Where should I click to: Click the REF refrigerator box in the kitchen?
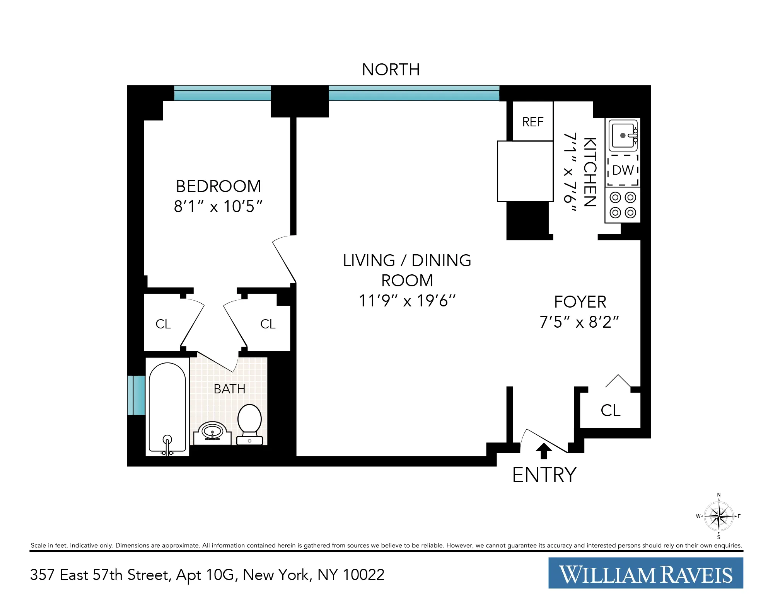[x=532, y=122]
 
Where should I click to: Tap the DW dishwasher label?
[x=623, y=170]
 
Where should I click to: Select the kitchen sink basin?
[x=622, y=135]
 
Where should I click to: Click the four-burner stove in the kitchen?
[x=623, y=205]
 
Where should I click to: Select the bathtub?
[x=167, y=408]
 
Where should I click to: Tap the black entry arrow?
[x=544, y=451]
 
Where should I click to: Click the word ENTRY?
[x=544, y=475]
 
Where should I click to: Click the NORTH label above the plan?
[x=391, y=70]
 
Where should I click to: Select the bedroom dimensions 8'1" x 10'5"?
[x=218, y=207]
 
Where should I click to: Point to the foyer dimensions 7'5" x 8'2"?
[x=579, y=322]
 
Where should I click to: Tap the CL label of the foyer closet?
[x=610, y=410]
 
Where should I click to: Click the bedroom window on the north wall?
[x=222, y=93]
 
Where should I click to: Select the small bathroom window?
[x=136, y=395]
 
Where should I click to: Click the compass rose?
[x=718, y=516]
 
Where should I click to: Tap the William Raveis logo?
[x=645, y=573]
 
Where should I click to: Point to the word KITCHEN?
[x=590, y=172]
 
